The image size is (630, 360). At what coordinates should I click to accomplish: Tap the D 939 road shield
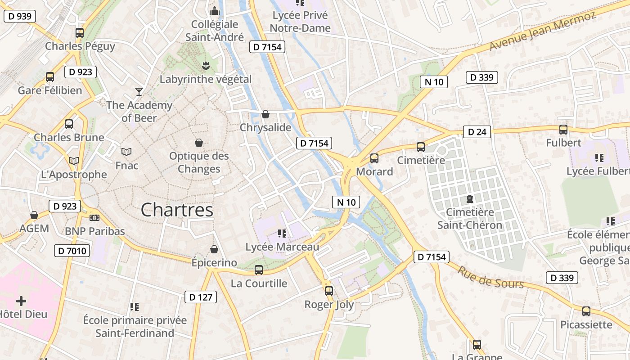point(20,16)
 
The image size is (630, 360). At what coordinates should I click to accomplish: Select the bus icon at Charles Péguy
point(80,32)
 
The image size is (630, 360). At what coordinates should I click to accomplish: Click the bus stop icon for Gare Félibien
point(50,76)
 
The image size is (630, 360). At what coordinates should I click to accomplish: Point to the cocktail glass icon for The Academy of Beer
point(139,92)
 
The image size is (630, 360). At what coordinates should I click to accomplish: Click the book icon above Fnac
point(126,152)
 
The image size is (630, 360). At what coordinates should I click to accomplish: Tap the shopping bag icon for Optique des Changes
point(199,143)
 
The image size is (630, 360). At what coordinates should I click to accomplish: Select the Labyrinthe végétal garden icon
point(206,66)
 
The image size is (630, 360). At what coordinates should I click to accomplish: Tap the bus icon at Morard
point(374,158)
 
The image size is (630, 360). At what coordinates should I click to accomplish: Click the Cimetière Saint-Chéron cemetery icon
point(470,198)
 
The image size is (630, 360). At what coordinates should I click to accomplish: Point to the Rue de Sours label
point(491,277)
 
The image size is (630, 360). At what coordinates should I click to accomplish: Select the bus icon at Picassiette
point(586,311)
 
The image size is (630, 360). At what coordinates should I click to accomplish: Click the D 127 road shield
point(201,297)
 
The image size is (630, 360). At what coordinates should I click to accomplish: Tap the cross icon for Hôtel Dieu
point(21,301)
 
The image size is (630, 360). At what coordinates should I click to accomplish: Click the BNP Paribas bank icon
point(94,217)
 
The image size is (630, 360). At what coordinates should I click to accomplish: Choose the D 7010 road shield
point(72,251)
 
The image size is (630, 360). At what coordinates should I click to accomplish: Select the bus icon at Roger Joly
point(329,291)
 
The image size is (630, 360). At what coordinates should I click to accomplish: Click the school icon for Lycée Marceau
point(282,233)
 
